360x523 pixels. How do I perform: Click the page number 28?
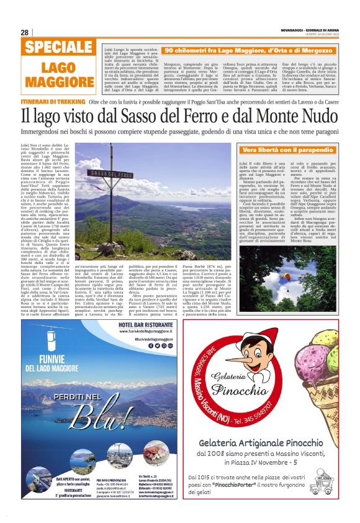click(x=24, y=32)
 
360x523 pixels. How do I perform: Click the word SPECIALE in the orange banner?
click(x=51, y=48)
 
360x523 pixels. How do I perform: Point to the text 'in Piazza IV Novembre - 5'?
click(x=271, y=462)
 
